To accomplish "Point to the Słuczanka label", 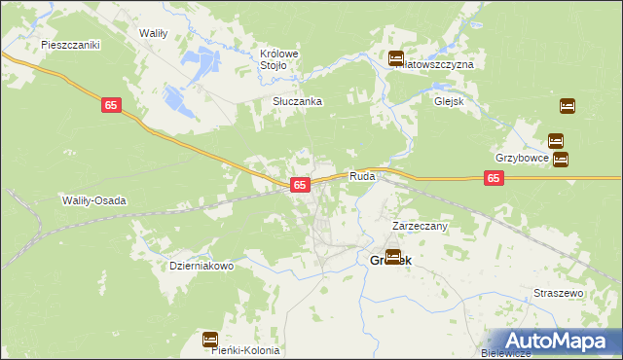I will [x=297, y=101].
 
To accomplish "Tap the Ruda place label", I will [x=362, y=177].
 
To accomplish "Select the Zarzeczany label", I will [x=419, y=226].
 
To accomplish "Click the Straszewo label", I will [x=558, y=293].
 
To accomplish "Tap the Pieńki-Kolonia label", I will [x=246, y=350].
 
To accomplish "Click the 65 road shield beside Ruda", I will [x=300, y=184].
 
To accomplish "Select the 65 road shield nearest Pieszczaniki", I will [x=110, y=106].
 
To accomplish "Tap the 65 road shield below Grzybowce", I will [x=495, y=178].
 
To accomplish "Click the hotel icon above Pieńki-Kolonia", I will [x=210, y=339].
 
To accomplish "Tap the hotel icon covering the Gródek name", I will [x=393, y=257].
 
